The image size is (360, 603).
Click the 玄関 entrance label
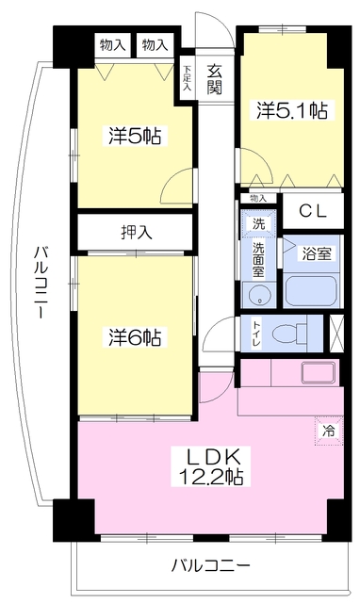214,80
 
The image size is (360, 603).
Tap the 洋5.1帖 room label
292,110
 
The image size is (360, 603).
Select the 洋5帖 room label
135,136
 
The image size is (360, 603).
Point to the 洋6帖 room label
135,337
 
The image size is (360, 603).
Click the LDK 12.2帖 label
211,466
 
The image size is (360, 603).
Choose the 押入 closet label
137,233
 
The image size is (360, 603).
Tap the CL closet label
313,211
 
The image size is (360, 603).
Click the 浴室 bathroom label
316,253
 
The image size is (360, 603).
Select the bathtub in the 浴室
312,291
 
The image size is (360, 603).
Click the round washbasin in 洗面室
258,295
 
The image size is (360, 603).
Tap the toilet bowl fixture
289,333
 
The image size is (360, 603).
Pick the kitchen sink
319,373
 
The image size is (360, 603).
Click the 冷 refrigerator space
329,432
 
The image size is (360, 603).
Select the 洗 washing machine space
258,223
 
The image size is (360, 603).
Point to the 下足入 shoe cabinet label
188,79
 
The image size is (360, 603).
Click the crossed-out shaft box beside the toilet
336,333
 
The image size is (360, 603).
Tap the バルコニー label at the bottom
210,565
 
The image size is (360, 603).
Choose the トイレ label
256,334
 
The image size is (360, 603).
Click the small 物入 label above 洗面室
258,199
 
